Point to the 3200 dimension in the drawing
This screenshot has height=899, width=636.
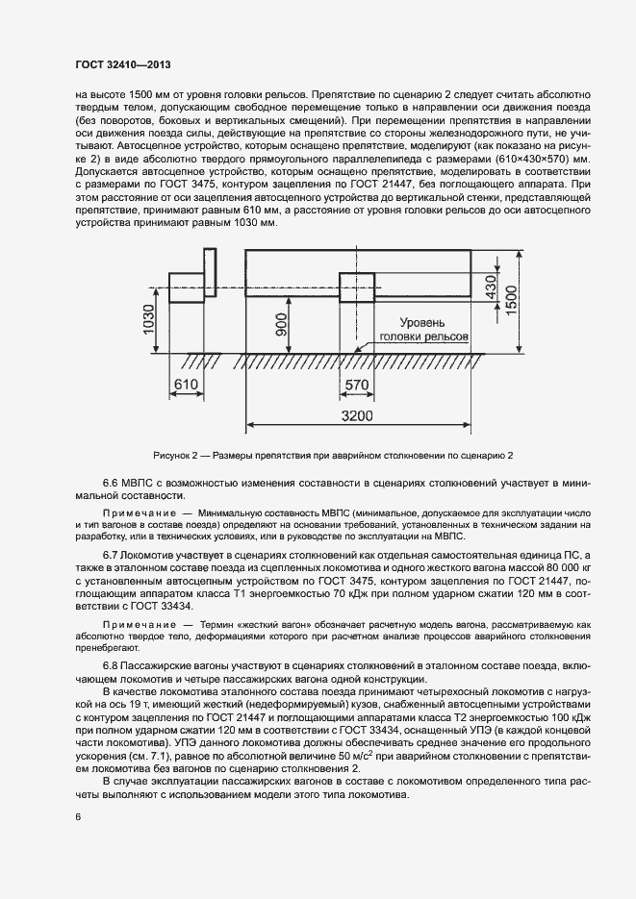(358, 414)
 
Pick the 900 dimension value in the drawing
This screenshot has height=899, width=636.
(279, 328)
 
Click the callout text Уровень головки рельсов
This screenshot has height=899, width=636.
(423, 331)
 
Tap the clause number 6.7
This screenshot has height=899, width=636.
(113, 558)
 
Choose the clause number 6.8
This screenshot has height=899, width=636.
(113, 666)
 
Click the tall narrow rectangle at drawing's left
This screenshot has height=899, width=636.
(210, 276)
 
